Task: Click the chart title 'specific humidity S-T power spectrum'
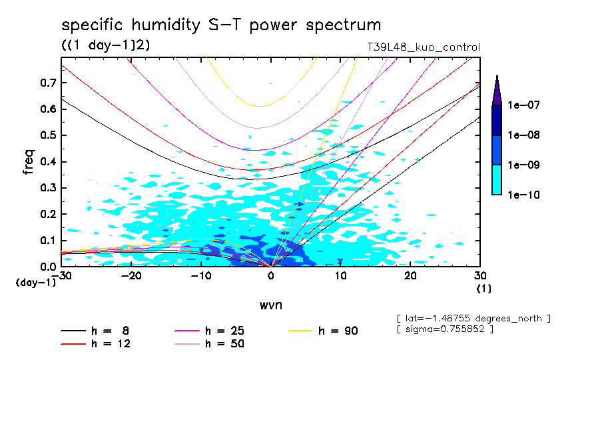pos(221,25)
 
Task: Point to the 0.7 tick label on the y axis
pos(47,83)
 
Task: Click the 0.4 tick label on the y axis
pos(47,162)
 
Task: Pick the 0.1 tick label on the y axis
pos(47,241)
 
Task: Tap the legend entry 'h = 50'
pos(224,344)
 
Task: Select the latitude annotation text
pos(473,318)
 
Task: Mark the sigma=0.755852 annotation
pos(444,329)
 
